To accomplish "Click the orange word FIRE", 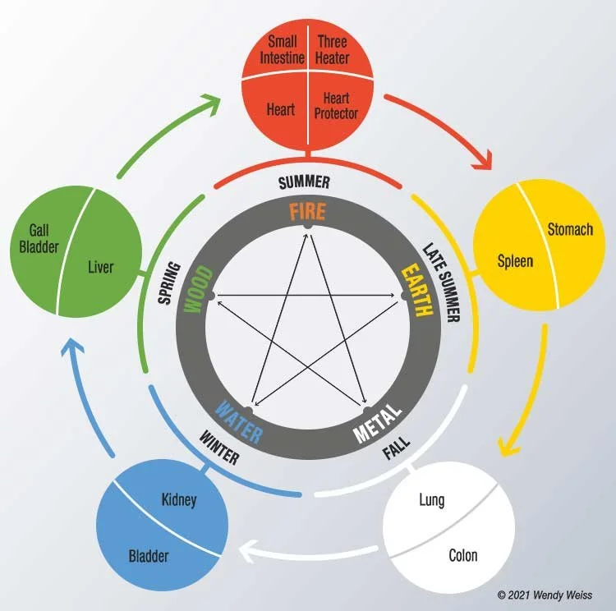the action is point(306,212).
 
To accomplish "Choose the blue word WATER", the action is point(239,420).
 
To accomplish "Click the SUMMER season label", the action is point(305,181).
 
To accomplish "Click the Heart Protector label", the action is point(335,107).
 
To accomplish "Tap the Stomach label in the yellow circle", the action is point(570,229).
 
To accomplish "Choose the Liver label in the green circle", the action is point(100,267).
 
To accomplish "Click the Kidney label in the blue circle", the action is point(180,499).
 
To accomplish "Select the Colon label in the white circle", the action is point(463,555).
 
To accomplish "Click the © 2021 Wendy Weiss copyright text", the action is point(545,595).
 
